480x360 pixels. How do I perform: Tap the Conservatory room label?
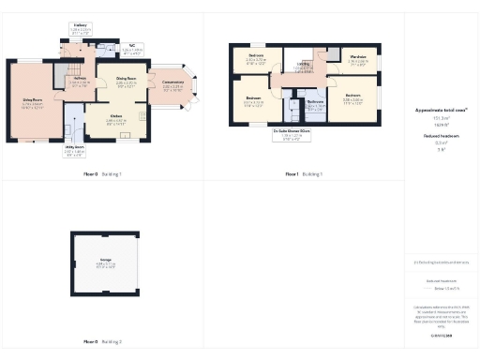pyautogui.click(x=172, y=84)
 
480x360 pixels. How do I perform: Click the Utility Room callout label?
pyautogui.click(x=75, y=148)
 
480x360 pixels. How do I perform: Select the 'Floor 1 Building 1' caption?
pyautogui.click(x=304, y=174)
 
